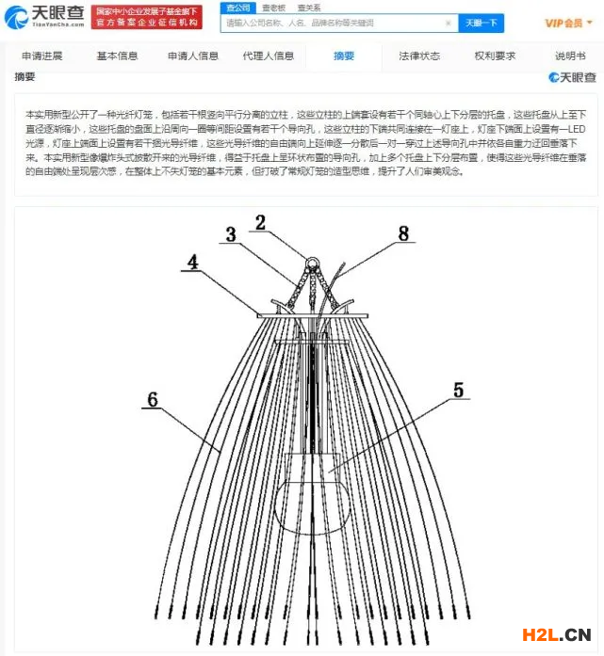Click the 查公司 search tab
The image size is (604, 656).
click(x=237, y=8)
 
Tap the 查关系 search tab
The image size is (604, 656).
click(x=308, y=8)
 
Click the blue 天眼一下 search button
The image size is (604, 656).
click(x=481, y=23)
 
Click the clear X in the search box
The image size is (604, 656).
click(x=448, y=23)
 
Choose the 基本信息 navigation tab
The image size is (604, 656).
click(x=116, y=56)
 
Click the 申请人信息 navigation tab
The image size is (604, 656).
click(x=193, y=56)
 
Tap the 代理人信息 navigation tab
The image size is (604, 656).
click(x=269, y=56)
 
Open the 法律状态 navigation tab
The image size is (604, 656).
click(x=419, y=56)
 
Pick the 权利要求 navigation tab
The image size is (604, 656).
click(x=495, y=56)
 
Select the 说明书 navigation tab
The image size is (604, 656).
click(x=570, y=56)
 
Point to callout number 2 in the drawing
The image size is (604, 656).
click(x=260, y=223)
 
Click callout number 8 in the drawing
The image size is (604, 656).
click(x=403, y=233)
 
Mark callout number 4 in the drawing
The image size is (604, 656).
click(x=192, y=263)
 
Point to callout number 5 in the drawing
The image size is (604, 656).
click(x=459, y=388)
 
